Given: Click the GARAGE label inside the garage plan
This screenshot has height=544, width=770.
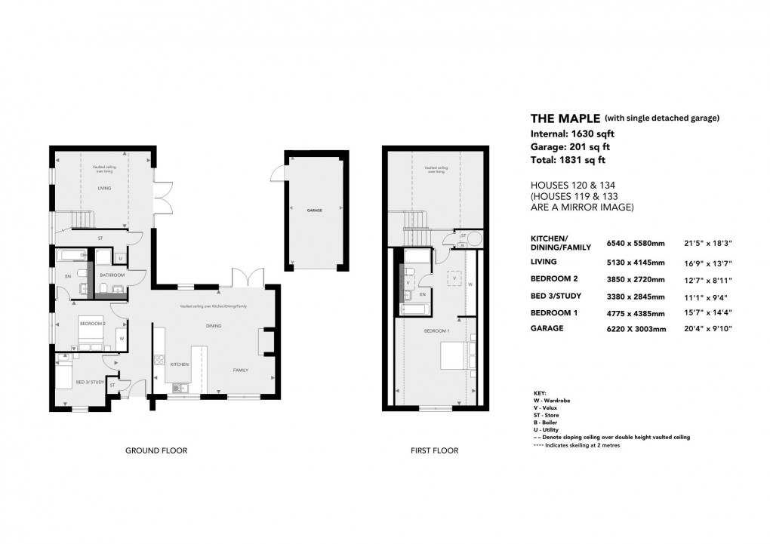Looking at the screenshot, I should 315,211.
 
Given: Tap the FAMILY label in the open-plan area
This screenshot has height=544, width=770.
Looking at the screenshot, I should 240,370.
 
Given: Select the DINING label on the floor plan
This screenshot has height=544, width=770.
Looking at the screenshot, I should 214,326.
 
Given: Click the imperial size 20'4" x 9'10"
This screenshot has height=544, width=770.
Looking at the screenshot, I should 707,329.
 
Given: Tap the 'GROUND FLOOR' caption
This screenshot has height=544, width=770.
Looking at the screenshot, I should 156,450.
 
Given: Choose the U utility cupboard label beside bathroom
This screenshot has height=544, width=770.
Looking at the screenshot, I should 120,259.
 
